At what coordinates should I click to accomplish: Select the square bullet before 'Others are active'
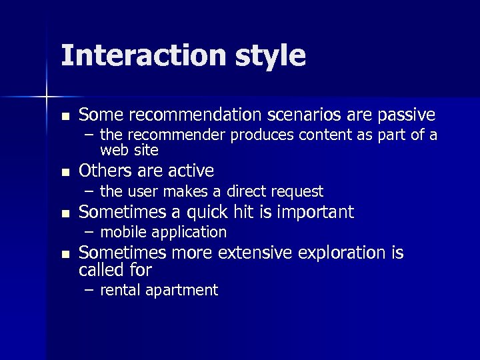tap(64, 172)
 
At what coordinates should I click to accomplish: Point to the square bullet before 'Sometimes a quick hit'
tap(64, 213)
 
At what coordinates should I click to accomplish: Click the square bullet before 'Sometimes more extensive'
tap(64, 254)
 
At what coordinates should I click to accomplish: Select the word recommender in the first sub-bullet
tap(175, 136)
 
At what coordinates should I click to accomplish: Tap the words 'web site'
tap(129, 149)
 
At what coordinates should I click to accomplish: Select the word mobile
tap(123, 232)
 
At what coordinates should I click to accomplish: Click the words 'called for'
tap(115, 270)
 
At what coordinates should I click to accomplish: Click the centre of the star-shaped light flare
tap(47, 97)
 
